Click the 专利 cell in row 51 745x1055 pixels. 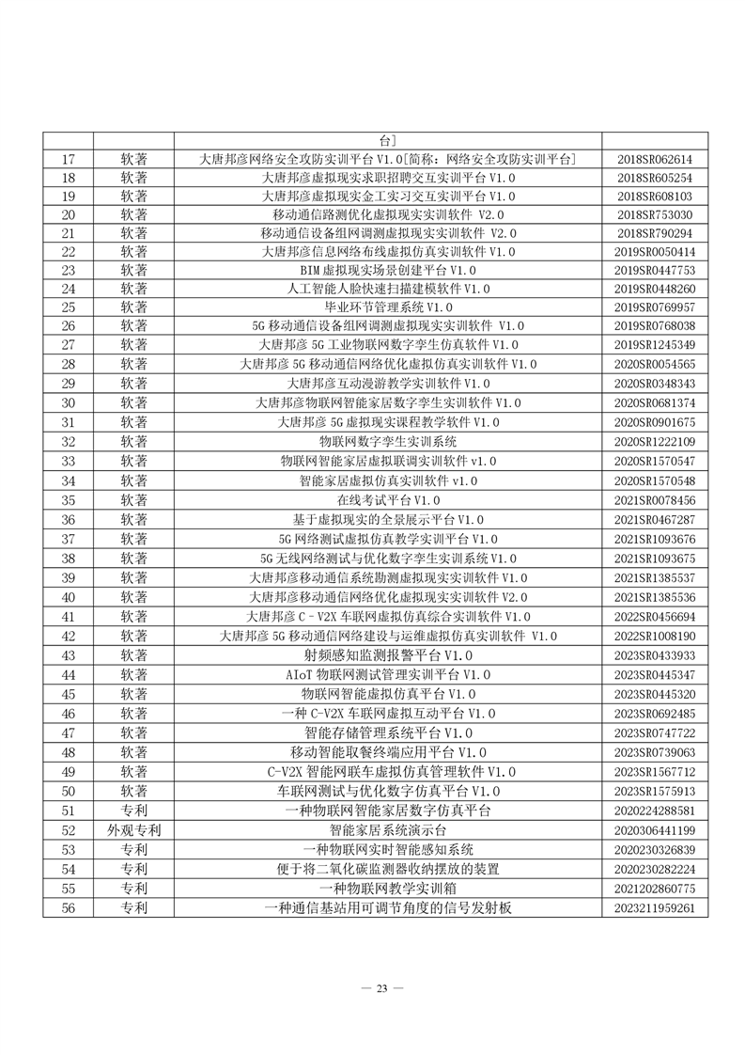(x=133, y=811)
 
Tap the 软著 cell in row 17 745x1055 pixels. (x=133, y=159)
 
